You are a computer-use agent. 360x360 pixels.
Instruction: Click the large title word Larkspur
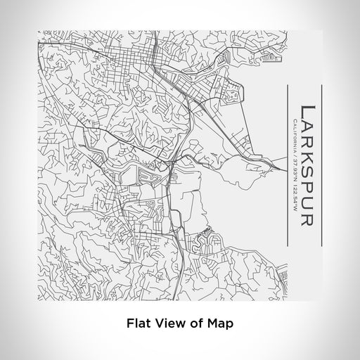[x=307, y=165]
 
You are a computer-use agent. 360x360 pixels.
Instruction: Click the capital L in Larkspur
[x=307, y=110]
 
